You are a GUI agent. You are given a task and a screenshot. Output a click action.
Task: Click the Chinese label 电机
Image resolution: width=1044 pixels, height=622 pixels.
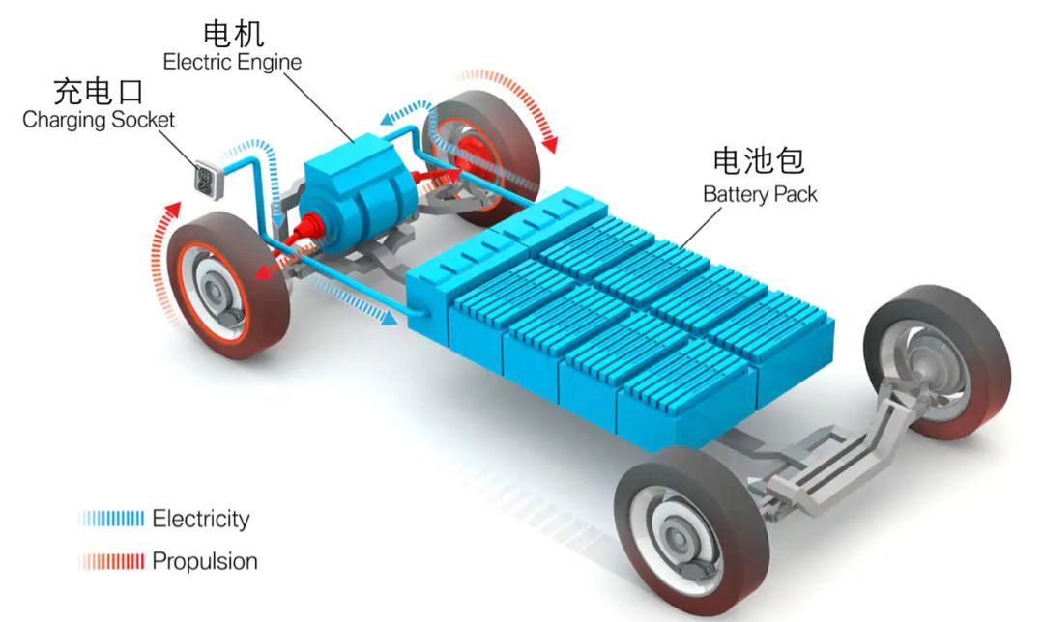(x=232, y=35)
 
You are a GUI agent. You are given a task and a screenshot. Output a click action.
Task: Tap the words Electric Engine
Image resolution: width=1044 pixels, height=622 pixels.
(x=232, y=62)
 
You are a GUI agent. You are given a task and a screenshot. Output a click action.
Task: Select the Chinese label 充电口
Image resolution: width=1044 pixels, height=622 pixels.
(x=99, y=93)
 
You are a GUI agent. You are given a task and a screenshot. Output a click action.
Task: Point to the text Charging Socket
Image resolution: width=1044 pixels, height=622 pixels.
(x=99, y=120)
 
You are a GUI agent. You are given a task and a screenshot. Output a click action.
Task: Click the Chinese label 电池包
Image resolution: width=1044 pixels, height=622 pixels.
(x=759, y=161)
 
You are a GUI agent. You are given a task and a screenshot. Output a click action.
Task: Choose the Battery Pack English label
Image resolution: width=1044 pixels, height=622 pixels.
(x=760, y=193)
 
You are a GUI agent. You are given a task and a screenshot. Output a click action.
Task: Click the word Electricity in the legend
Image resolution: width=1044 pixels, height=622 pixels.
(x=201, y=519)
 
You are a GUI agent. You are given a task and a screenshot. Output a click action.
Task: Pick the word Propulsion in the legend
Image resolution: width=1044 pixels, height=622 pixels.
(x=205, y=561)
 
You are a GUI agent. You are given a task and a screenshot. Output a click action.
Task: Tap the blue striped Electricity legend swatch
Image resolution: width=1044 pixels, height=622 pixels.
(x=112, y=519)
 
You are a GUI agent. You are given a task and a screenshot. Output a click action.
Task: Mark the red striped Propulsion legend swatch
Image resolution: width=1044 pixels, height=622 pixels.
(x=112, y=561)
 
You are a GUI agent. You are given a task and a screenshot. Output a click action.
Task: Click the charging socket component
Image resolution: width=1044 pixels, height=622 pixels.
(x=207, y=179)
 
